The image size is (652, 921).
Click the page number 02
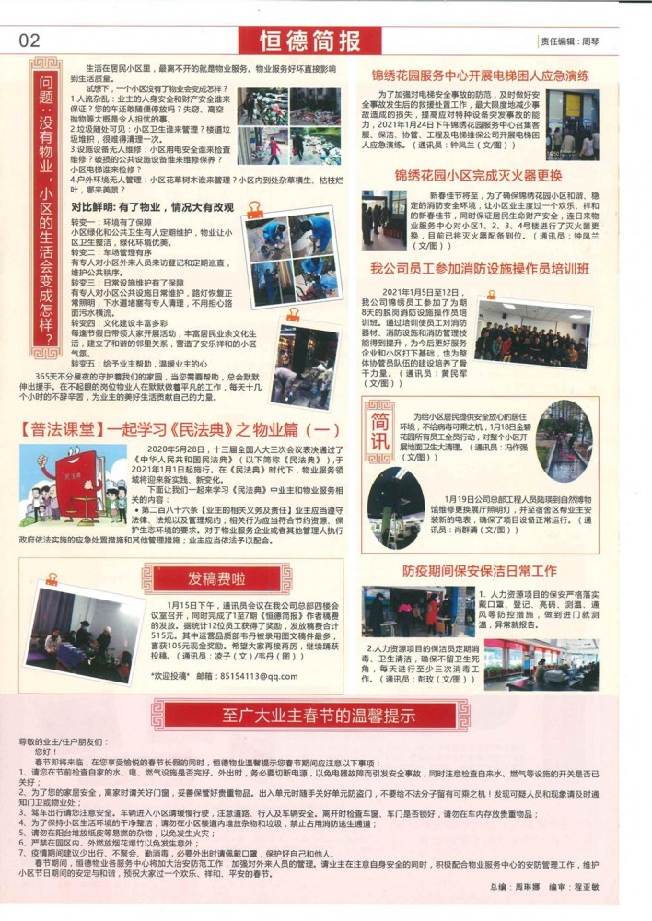(29, 40)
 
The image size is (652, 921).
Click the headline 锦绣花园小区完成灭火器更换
(478, 174)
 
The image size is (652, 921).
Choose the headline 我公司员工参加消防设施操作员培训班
(480, 270)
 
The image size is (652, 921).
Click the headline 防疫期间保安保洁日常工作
(479, 571)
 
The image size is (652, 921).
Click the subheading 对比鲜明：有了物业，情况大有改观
(153, 208)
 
